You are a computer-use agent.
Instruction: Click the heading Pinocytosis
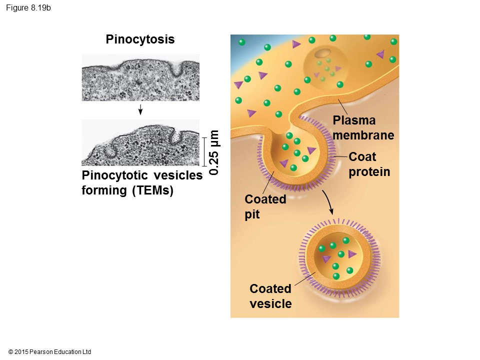140,39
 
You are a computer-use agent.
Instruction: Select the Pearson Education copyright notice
50,352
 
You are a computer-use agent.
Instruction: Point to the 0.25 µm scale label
214,152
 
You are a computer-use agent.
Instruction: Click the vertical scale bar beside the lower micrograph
204,151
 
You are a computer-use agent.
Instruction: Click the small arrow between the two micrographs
141,109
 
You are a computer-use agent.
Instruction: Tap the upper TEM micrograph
140,77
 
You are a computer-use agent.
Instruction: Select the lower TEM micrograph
140,142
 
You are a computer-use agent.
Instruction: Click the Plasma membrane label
363,128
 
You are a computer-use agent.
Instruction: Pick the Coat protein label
369,164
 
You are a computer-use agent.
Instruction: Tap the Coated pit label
265,206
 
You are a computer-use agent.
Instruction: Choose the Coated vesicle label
270,296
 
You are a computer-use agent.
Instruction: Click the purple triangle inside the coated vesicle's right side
352,254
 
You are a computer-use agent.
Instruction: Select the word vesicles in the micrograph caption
178,175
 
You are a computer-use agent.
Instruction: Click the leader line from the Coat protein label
340,157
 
